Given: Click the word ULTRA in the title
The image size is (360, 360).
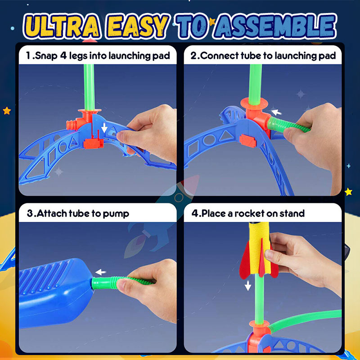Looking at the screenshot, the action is coord(62,27).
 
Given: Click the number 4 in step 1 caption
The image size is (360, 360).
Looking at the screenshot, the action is coord(63,55).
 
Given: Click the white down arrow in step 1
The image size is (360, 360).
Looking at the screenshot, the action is coord(104,127).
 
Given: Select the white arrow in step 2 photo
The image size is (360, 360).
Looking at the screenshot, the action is coord(276,112).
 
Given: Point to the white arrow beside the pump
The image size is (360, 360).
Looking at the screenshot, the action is coord(100,272).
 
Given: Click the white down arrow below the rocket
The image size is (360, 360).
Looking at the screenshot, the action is coord(248,285).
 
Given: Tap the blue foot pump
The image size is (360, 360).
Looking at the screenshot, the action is coord(55,292).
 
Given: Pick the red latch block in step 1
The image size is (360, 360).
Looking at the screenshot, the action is coord(94,143).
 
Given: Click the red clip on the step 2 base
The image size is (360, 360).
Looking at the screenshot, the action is coord(248,141).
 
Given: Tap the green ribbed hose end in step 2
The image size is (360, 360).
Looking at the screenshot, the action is coord(276,125).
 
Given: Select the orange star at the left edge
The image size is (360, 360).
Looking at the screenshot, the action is coord(7,111).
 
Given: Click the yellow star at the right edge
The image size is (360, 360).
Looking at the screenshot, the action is coord(348,192).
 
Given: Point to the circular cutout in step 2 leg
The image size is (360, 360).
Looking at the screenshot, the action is coord(209,140).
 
